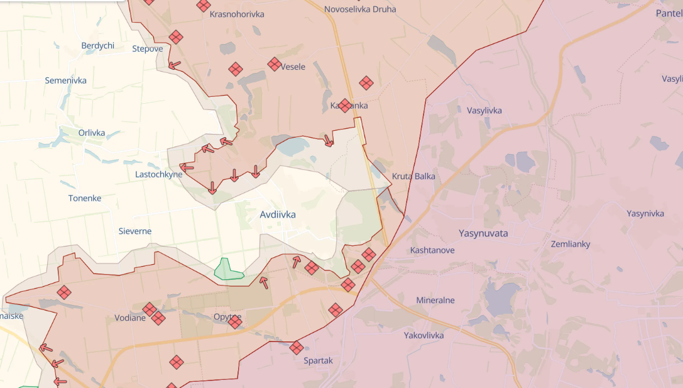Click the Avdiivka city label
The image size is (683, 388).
point(277,214)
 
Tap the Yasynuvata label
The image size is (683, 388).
point(483,233)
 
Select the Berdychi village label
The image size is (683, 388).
point(97,45)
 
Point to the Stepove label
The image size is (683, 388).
point(148,48)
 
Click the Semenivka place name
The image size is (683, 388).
point(65,80)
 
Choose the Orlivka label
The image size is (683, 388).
point(92,133)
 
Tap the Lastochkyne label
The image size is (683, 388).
point(158,174)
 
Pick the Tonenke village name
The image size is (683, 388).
point(85,198)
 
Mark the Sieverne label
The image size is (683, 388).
point(135,231)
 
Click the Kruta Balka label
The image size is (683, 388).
point(413,176)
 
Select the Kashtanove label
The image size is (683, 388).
point(432,250)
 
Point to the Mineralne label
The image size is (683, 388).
point(435,300)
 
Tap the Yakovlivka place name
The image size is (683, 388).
point(423,335)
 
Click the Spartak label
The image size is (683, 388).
point(318,360)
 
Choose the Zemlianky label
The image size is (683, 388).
point(570,244)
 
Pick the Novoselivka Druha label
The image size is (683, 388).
point(360,9)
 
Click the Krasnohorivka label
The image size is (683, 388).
point(237,14)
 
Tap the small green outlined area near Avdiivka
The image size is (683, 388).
point(227,270)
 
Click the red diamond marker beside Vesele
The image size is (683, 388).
point(274,64)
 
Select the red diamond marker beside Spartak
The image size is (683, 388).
point(297,347)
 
